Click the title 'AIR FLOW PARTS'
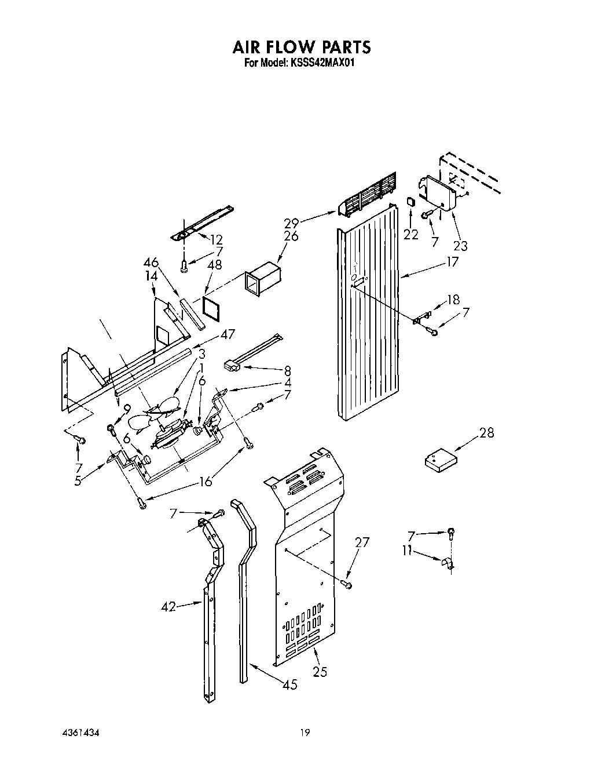tap(302, 46)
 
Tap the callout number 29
tap(291, 223)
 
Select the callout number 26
tap(291, 236)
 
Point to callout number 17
tap(452, 262)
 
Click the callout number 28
tap(487, 432)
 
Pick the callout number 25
tap(320, 672)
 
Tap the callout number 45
tap(290, 685)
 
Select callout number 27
tap(362, 542)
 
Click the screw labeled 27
tap(347, 584)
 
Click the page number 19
tap(305, 733)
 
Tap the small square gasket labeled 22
tap(410, 202)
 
